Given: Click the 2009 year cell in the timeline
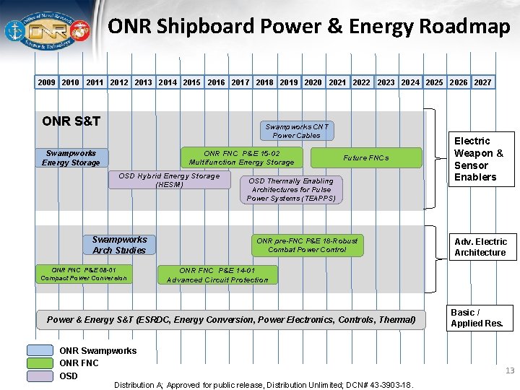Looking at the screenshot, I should (x=46, y=82).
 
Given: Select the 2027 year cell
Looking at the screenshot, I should (x=482, y=82).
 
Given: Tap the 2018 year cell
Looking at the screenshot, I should (x=264, y=82).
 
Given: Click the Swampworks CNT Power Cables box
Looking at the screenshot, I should (x=296, y=131).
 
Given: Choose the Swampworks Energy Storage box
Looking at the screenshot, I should (x=71, y=157).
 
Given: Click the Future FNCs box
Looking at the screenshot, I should (x=366, y=157).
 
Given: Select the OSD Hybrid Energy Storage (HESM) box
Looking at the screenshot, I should (x=169, y=180).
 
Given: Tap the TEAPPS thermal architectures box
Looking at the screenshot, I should (x=290, y=189).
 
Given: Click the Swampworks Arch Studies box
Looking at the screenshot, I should (x=119, y=245).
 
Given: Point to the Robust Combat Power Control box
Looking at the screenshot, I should (x=307, y=245).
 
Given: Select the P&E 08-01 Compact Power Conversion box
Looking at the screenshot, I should (x=84, y=274).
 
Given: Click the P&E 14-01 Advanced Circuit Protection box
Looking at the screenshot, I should (x=217, y=275).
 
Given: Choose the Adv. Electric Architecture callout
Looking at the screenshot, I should (x=480, y=247).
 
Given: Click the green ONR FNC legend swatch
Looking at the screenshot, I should (x=40, y=363).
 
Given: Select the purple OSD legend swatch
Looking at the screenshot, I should (x=40, y=376).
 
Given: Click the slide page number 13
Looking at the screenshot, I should (x=510, y=370).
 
